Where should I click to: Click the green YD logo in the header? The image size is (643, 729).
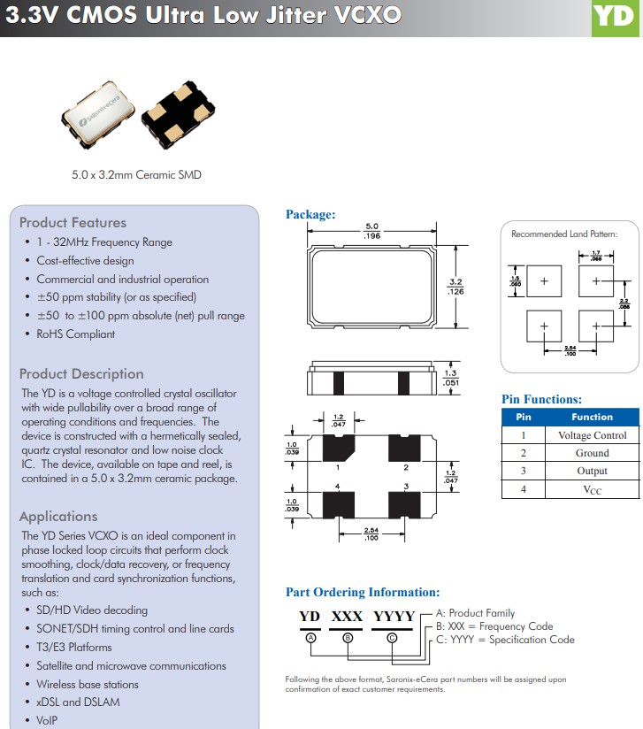[616, 18]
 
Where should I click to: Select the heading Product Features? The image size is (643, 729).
[73, 223]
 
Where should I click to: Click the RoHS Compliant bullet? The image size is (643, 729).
[75, 334]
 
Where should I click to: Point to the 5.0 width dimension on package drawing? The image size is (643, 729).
[372, 227]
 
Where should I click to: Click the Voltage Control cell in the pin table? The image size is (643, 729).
[592, 435]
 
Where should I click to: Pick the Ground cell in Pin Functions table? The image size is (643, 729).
[592, 453]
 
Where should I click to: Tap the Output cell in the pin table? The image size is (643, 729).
[592, 471]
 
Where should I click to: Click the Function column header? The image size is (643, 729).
[592, 417]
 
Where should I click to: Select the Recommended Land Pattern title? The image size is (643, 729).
[564, 234]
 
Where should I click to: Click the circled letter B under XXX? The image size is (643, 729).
[348, 637]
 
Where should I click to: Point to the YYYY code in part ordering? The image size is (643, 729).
[394, 617]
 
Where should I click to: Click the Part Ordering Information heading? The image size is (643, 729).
[362, 592]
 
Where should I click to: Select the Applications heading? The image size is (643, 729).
[58, 517]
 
